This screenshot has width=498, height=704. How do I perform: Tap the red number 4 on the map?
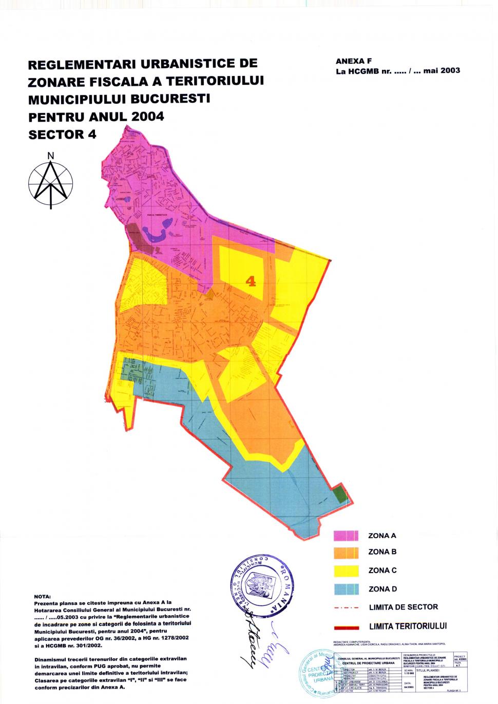click(x=251, y=281)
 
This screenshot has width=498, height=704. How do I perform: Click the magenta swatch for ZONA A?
click(x=346, y=536)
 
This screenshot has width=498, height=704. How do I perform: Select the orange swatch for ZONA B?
click(x=346, y=553)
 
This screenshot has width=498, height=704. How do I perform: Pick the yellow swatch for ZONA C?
click(x=346, y=570)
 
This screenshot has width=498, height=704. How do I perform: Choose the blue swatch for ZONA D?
click(x=346, y=589)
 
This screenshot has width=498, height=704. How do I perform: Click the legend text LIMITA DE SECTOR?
click(x=403, y=607)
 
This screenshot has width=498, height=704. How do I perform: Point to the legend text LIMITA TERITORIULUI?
click(x=408, y=626)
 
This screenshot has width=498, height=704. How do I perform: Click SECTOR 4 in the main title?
click(x=62, y=134)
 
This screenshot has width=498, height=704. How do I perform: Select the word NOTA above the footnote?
click(x=42, y=596)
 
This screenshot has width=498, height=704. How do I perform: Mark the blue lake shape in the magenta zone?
click(x=157, y=234)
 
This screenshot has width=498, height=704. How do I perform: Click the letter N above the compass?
click(x=50, y=156)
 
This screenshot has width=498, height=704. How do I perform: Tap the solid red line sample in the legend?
click(x=346, y=626)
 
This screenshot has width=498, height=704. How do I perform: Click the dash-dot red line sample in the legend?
click(x=346, y=607)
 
